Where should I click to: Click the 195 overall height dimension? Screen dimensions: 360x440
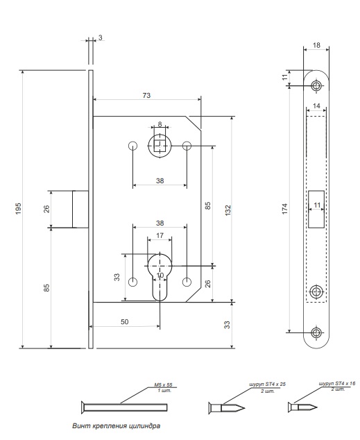(18, 209)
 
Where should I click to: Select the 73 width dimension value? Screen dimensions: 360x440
(146, 95)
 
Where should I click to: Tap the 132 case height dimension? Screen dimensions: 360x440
(228, 210)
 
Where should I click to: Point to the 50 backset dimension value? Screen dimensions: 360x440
(124, 322)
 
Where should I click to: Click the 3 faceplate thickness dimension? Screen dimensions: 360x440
(101, 37)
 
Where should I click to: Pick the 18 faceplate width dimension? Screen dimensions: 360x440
(316, 45)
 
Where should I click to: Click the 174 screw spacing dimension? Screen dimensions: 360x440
(284, 209)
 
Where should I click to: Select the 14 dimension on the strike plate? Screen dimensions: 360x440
(316, 105)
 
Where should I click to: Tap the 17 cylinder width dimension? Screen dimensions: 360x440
(160, 235)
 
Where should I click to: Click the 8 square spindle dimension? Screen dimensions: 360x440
(160, 124)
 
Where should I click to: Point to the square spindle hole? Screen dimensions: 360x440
(160, 146)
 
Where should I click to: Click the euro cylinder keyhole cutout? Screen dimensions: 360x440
(160, 277)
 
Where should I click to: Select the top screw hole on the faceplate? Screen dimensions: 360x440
(316, 85)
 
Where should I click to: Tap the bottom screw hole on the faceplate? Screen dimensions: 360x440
(316, 333)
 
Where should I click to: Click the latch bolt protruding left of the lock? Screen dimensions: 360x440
(80, 209)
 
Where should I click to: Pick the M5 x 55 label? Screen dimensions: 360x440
(163, 384)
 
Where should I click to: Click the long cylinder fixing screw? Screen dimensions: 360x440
(124, 407)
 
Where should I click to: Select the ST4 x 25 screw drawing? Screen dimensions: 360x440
(227, 408)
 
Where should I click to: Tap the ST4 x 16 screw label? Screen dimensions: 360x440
(337, 383)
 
